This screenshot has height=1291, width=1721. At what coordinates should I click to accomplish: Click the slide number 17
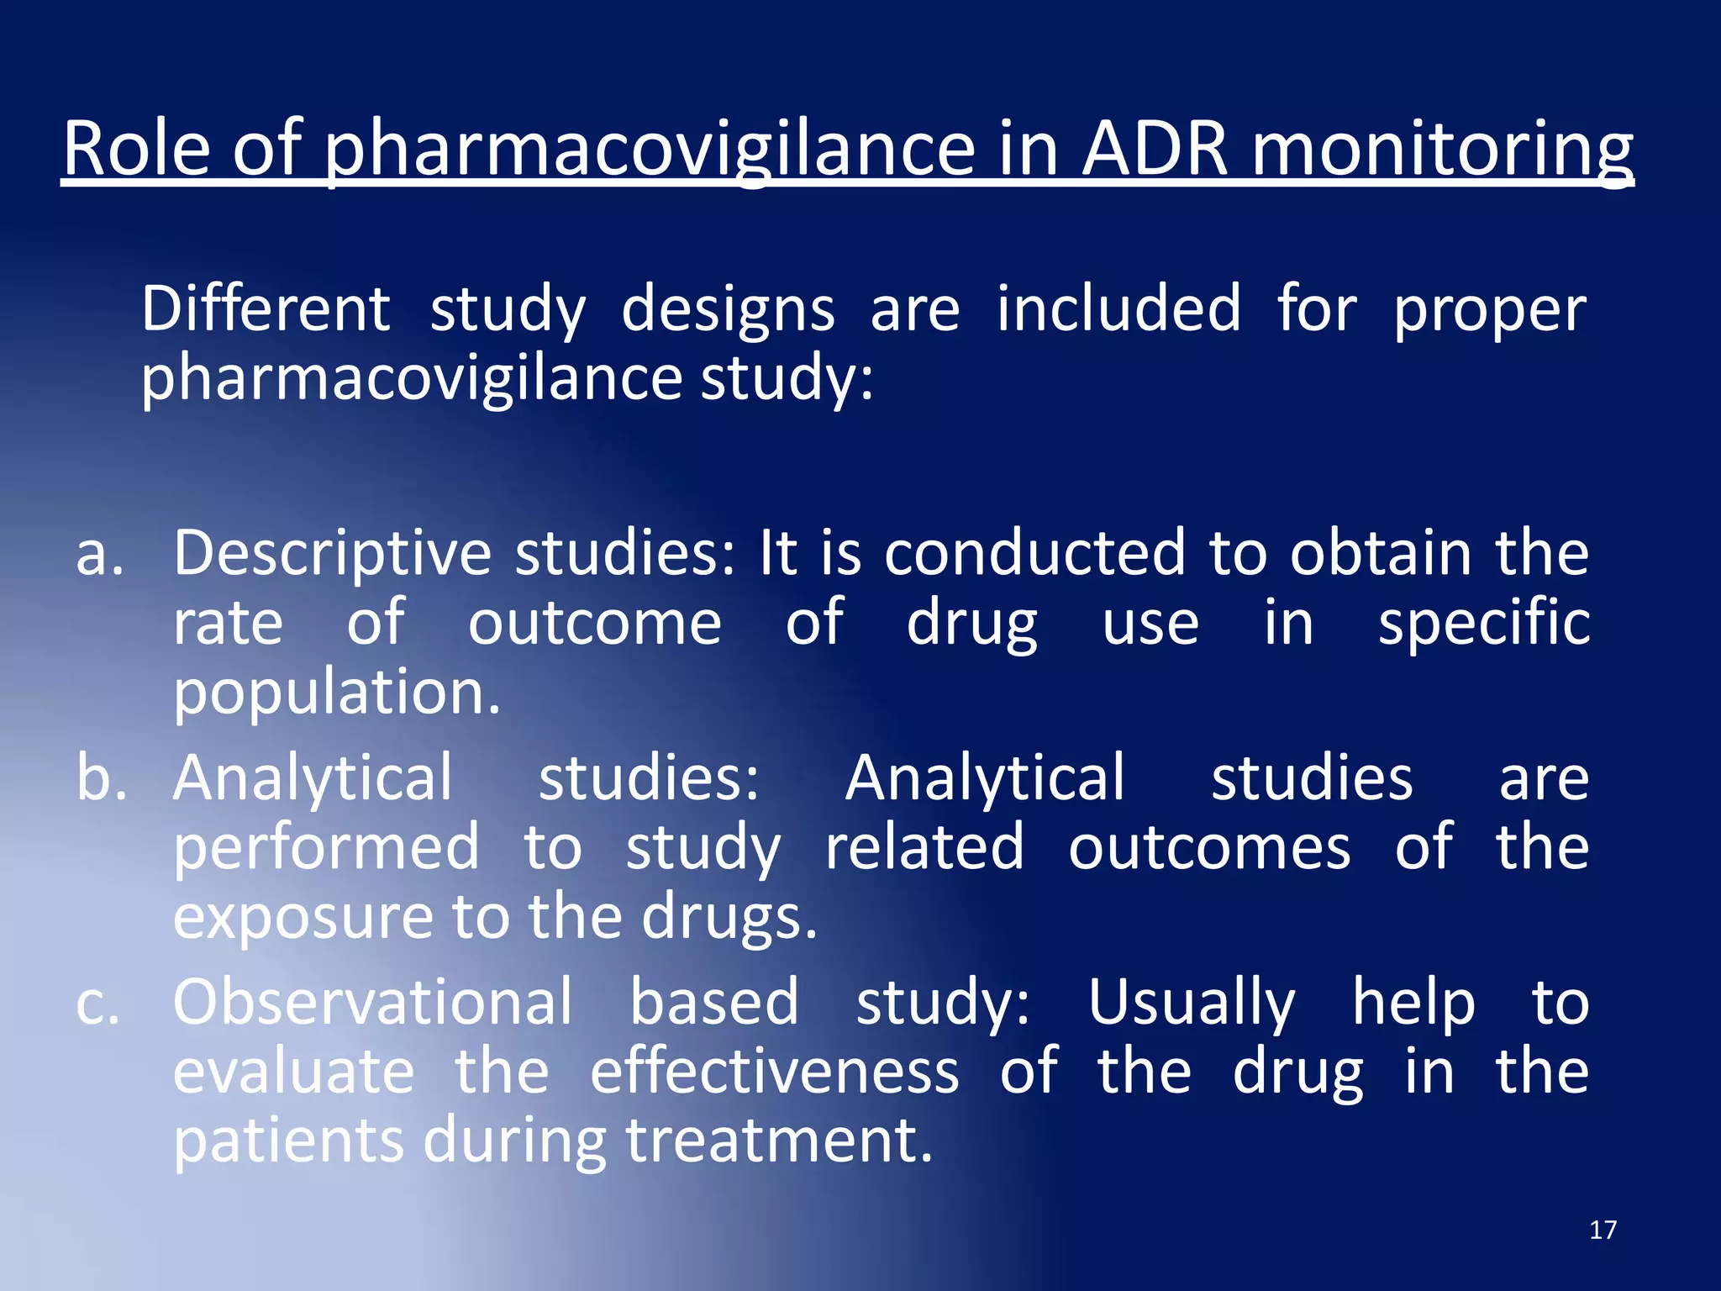[x=1603, y=1230]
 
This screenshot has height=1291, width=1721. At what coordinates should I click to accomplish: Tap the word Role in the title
[x=136, y=149]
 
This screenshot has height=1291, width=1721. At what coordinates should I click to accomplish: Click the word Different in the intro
[x=266, y=308]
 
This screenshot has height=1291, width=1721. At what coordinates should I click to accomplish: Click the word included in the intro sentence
[x=1118, y=308]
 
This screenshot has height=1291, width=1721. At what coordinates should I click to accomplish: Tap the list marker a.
[x=99, y=556]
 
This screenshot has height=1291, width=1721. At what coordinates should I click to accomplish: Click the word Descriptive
[x=332, y=555]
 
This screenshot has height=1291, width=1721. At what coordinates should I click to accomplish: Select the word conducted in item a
[x=1034, y=554]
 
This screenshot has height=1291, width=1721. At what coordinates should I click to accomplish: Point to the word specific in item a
[x=1484, y=624]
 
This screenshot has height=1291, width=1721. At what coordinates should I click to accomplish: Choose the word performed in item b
[x=326, y=848]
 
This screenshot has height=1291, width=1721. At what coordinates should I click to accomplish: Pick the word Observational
[x=372, y=1003]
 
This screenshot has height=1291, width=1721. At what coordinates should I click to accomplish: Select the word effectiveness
[x=774, y=1073]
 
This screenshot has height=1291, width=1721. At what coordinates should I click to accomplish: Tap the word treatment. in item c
[x=779, y=1142]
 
